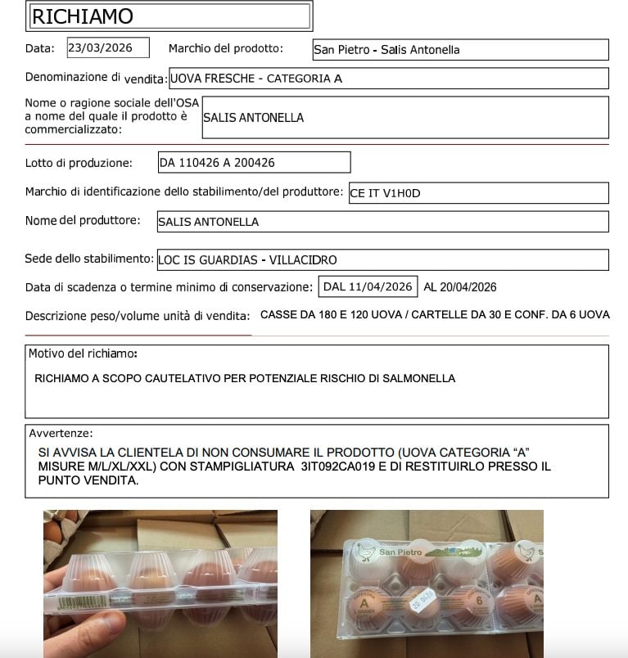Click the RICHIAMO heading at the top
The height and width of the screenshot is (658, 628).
pos(82,16)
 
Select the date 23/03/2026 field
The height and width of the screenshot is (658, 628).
pos(108,47)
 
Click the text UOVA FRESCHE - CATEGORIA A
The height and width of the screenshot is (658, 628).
pos(256,79)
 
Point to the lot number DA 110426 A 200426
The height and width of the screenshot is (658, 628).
pos(217,163)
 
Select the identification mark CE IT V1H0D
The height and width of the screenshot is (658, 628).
pos(385,193)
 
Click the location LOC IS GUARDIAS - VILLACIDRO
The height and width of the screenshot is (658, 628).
pos(247,260)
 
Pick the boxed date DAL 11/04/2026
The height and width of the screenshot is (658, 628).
pos(367,287)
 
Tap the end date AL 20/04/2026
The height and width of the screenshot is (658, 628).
pos(460,287)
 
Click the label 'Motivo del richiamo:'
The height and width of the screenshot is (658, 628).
pos(83,354)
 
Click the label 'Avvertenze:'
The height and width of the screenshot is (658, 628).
pos(61,433)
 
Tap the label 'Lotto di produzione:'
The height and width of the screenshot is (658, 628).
pos(79,163)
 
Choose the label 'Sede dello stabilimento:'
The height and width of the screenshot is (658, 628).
pos(89,259)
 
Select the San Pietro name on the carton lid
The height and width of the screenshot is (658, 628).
pos(400,552)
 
